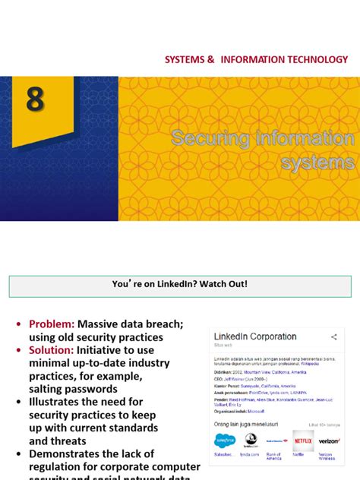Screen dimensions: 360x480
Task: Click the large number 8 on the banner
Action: [x=35, y=99]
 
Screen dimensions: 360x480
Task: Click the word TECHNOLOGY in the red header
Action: [x=313, y=59]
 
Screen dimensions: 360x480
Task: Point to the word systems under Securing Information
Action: [x=317, y=162]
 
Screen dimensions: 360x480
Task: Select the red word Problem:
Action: [x=51, y=324]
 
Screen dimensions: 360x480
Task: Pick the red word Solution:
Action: [x=51, y=350]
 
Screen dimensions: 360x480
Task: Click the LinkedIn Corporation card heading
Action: [x=255, y=336]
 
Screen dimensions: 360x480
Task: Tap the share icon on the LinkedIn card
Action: [x=334, y=336]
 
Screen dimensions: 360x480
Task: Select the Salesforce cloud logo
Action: [x=225, y=440]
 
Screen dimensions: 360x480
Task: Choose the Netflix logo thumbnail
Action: [x=303, y=440]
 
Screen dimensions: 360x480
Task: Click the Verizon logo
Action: [x=329, y=441]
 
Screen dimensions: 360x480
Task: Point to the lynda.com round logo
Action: [x=251, y=440]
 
